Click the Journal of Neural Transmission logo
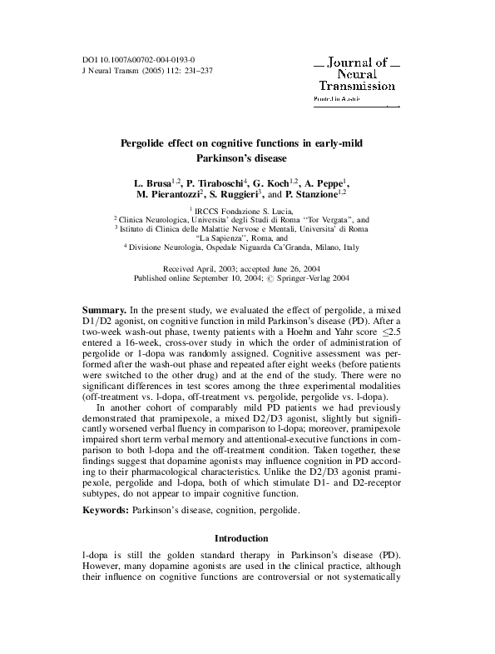356,74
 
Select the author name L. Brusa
152,181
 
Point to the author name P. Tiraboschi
218,181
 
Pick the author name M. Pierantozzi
173,194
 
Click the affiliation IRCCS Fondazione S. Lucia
249,212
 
